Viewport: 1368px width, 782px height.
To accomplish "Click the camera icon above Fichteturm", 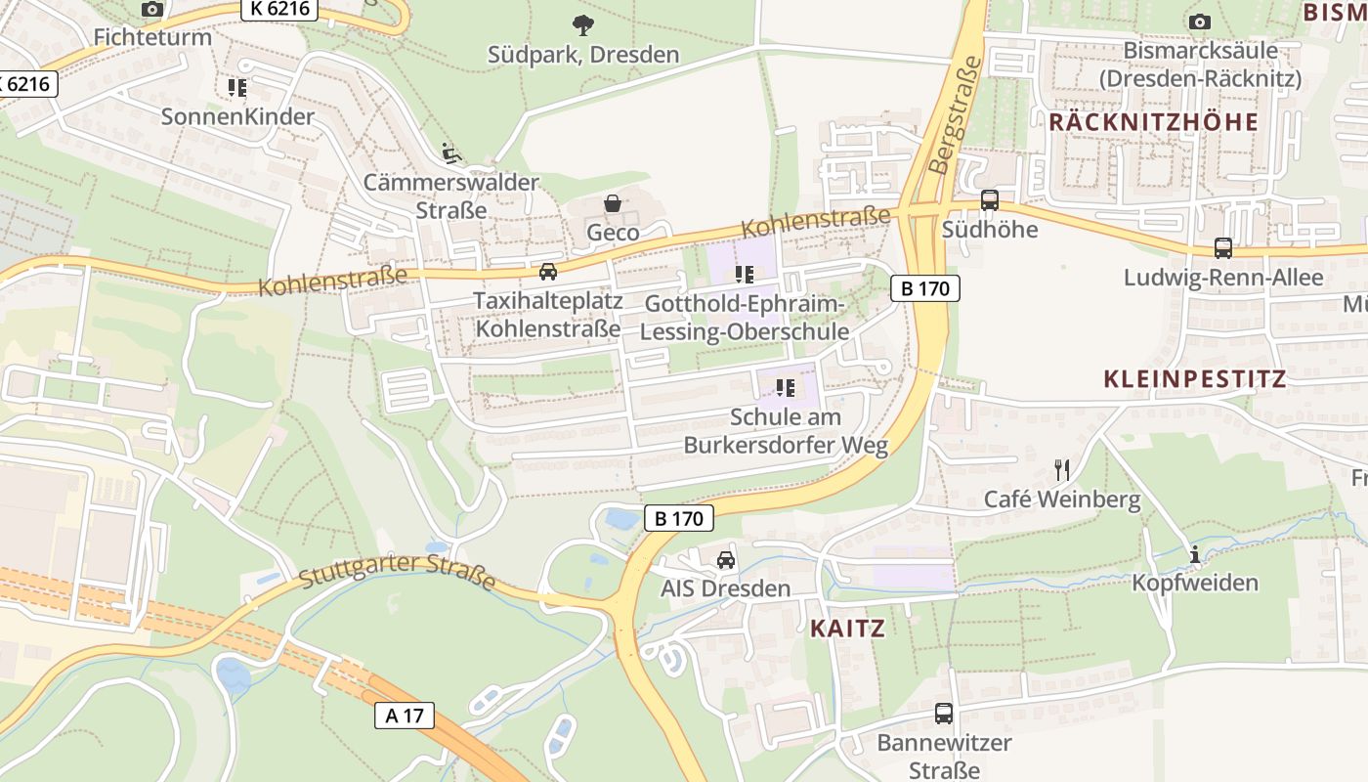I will [151, 10].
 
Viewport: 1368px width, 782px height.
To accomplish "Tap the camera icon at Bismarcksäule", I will [1199, 22].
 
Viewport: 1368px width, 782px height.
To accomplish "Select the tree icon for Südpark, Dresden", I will [583, 25].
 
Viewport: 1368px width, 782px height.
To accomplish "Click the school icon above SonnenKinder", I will [237, 88].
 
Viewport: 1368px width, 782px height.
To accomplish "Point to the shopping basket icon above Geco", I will [613, 203].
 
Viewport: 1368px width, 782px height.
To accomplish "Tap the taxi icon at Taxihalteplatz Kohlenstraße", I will [548, 272].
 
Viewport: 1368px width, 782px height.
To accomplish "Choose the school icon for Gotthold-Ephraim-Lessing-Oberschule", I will [746, 275].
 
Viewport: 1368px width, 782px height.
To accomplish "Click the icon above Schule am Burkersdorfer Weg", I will [785, 388].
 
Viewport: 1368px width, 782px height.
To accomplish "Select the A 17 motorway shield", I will [405, 716].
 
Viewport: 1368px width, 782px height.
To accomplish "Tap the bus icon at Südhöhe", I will [989, 200].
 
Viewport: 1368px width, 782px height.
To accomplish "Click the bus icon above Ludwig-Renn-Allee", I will [1222, 248].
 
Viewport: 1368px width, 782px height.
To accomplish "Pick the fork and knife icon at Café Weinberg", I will [1062, 470].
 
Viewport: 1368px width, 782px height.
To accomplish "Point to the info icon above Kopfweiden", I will [1194, 555].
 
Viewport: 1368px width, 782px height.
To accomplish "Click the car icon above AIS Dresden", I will [725, 560].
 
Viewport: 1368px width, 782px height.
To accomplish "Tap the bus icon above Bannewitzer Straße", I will [943, 714].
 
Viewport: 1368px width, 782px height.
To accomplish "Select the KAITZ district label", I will [847, 629].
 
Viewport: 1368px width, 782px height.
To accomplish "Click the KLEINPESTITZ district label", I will [1194, 379].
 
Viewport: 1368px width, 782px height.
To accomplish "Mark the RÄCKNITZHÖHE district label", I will [1153, 122].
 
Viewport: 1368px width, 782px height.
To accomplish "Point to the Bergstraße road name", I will [954, 114].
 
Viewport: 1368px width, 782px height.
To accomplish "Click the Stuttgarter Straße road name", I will [397, 572].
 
